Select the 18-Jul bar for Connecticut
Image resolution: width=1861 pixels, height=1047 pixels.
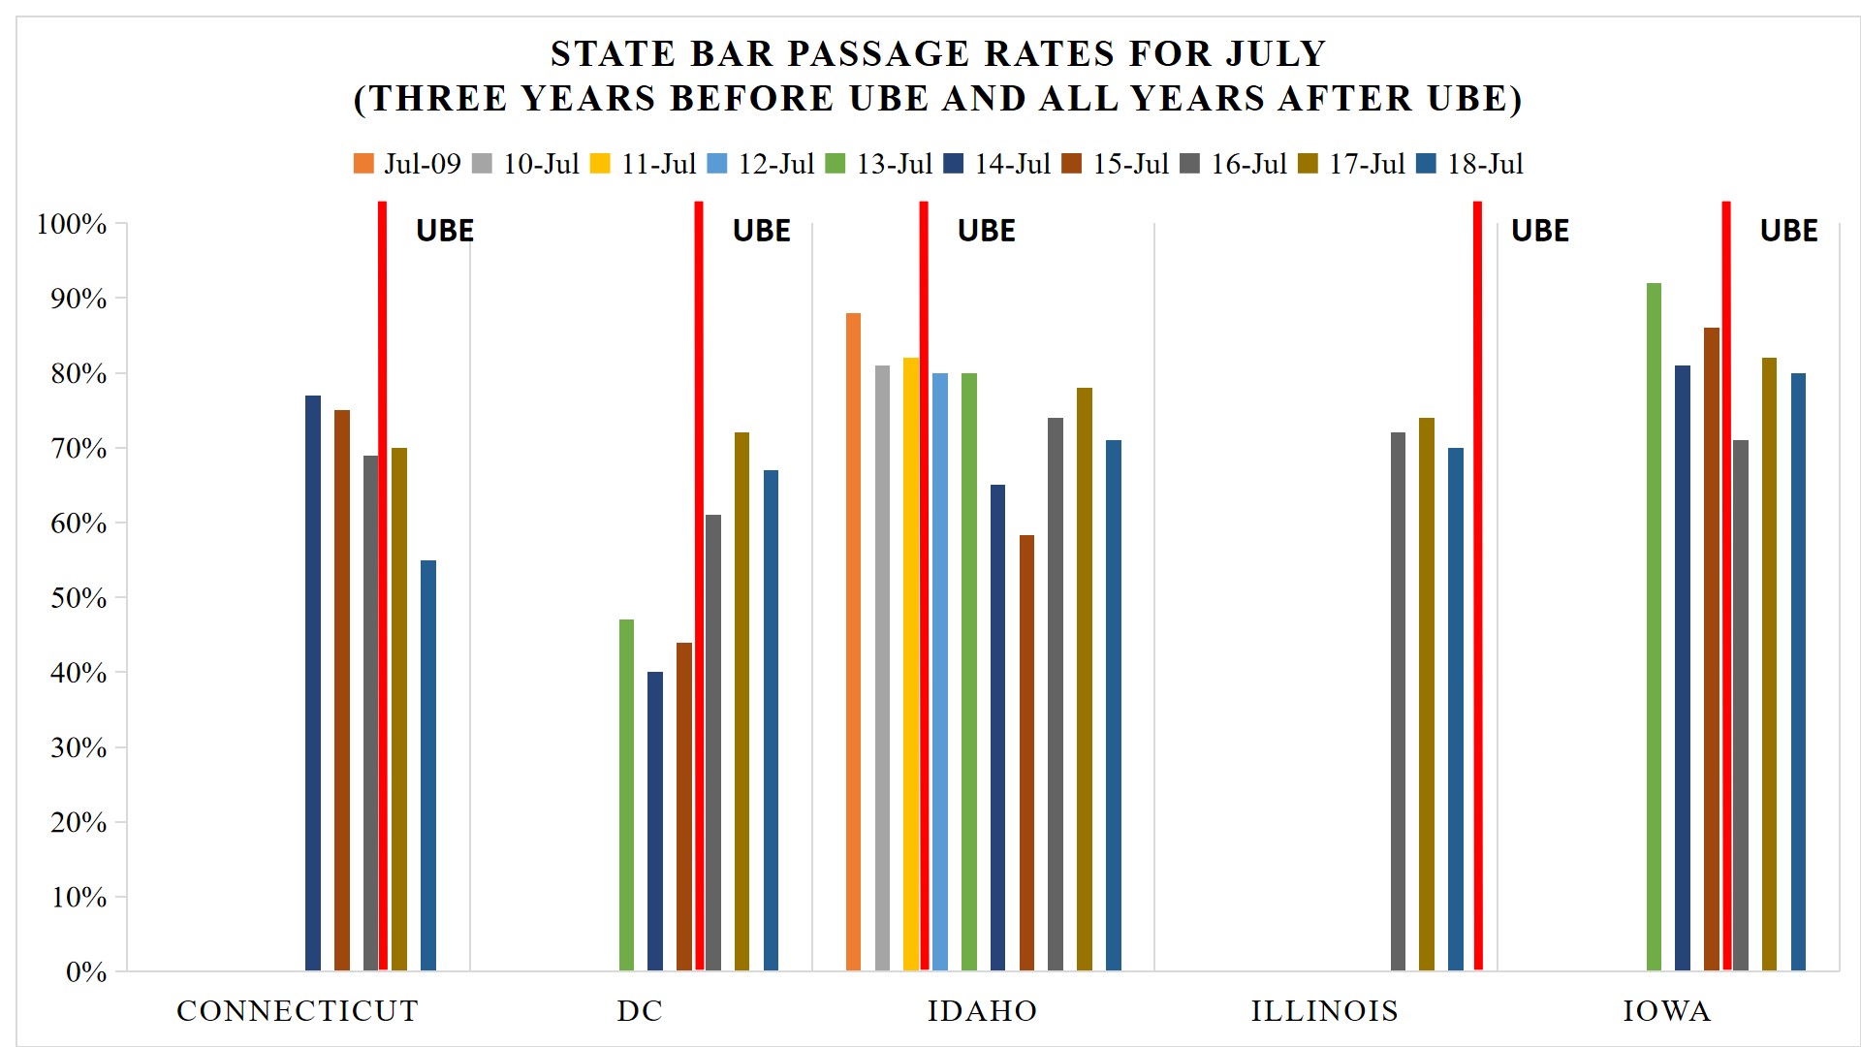coord(428,765)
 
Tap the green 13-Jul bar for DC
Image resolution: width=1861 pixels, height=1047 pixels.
coord(626,795)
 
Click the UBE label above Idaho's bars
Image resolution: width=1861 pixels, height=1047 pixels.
coord(986,231)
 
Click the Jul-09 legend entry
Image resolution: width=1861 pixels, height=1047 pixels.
coord(407,164)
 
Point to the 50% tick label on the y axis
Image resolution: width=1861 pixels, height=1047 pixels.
coord(79,598)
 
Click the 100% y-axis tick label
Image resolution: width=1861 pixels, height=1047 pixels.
coord(72,224)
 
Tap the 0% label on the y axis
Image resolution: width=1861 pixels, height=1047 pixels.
coord(86,972)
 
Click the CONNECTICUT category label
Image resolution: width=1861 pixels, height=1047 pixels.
coord(298,1011)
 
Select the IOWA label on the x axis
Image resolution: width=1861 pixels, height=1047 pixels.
coord(1667,1011)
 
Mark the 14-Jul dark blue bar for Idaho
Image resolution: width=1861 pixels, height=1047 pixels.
coord(997,727)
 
